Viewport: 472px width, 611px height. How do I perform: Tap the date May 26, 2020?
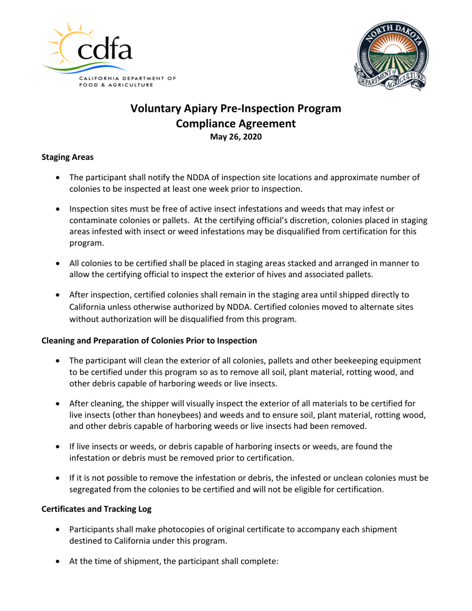pyautogui.click(x=236, y=137)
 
